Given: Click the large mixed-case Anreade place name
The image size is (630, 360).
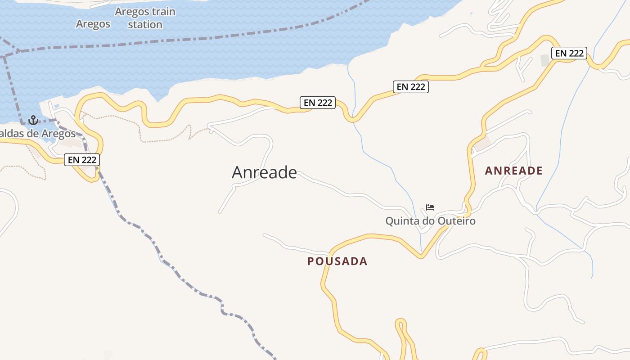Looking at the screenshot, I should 264,172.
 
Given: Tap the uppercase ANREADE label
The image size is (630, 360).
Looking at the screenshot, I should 514,171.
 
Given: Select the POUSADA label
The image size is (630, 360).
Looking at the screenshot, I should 337,261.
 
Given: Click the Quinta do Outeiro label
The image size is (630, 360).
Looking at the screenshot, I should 430,221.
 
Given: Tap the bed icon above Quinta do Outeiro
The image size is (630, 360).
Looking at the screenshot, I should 430,207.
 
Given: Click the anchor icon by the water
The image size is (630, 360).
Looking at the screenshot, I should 33,120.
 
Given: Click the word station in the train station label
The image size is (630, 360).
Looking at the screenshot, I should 145,24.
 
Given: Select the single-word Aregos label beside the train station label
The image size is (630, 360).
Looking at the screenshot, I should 93,24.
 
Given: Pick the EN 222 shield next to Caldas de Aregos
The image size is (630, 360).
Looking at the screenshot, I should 81,159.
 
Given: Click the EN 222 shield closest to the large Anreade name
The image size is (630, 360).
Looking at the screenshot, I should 318,103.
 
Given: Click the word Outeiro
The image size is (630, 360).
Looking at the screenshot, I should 455,221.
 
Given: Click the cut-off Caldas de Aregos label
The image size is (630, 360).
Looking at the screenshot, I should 38,134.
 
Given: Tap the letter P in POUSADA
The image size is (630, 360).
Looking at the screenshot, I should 310,261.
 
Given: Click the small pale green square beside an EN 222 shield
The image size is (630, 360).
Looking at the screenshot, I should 545,60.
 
